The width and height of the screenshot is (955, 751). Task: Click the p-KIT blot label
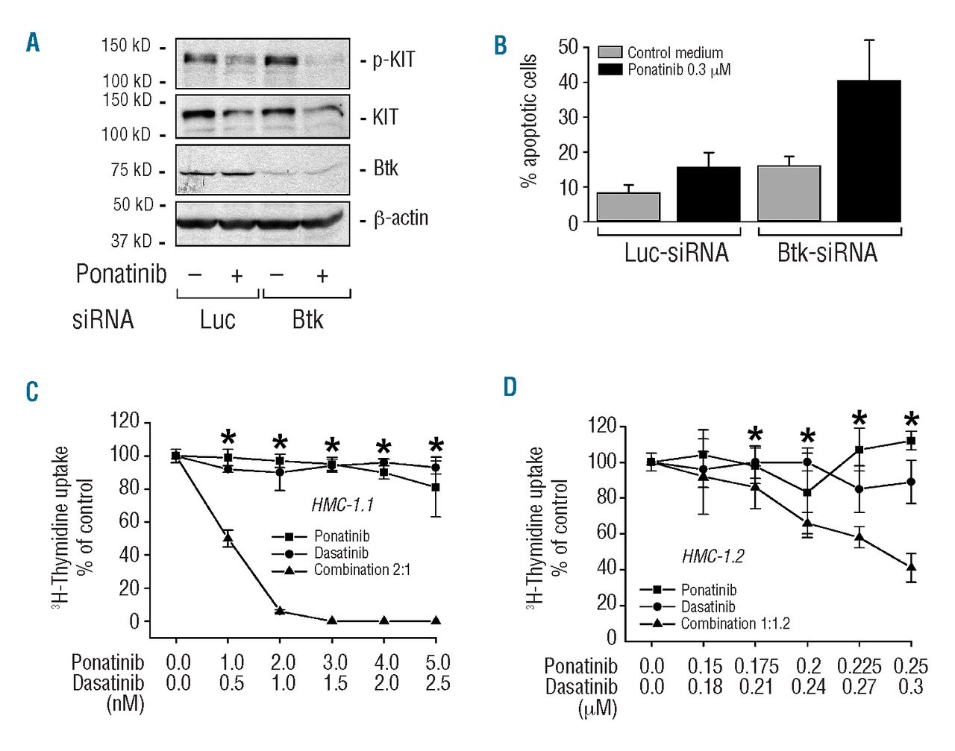[393, 60]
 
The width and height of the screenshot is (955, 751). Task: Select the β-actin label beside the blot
[401, 218]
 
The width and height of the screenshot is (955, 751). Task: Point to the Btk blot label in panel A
[386, 169]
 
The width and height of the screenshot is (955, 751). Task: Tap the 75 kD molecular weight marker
[131, 170]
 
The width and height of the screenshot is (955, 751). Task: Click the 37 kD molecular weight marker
[131, 241]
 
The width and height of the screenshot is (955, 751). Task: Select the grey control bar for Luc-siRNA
[628, 207]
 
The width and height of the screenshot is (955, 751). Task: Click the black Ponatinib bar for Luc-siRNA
[708, 194]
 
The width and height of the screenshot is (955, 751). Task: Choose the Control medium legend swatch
[610, 52]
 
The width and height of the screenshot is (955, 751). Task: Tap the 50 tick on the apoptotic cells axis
[569, 47]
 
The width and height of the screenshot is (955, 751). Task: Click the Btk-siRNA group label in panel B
[827, 253]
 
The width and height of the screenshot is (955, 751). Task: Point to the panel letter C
[32, 392]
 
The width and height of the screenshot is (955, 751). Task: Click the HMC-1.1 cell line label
[342, 505]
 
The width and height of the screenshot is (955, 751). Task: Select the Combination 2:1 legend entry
[362, 570]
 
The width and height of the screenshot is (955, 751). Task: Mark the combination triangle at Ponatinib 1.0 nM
[228, 539]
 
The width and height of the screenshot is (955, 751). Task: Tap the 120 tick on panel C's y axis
[125, 421]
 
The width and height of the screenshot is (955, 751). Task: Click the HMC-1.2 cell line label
[713, 556]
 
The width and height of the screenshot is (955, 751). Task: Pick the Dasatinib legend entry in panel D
[707, 607]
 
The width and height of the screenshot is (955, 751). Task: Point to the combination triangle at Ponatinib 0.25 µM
[911, 568]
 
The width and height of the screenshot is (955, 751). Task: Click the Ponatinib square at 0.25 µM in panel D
[911, 441]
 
